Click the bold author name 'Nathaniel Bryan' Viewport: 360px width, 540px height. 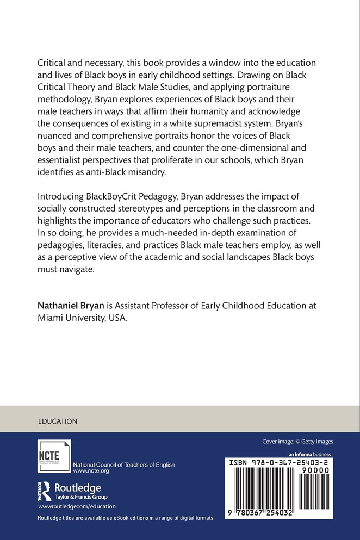click(69, 306)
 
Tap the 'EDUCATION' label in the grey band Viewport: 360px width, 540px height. click(58, 421)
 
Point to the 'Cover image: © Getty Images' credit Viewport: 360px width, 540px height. click(297, 442)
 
